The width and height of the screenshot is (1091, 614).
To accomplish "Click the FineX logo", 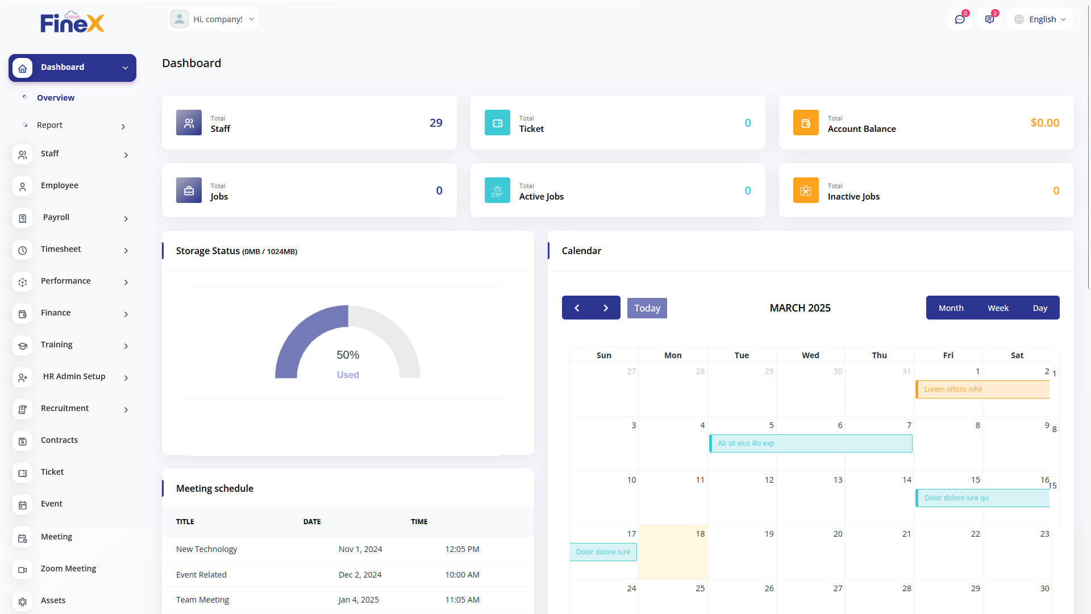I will (x=72, y=23).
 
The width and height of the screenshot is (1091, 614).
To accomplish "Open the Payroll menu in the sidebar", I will (x=56, y=218).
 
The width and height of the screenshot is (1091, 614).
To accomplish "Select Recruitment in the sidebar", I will (x=65, y=409).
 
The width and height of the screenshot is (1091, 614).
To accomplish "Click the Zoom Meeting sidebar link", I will (x=68, y=569).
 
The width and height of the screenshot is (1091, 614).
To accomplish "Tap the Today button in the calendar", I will (x=647, y=308).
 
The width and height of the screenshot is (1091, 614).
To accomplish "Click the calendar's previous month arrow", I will (x=577, y=308).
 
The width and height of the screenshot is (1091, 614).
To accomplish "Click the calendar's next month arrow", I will (x=606, y=308).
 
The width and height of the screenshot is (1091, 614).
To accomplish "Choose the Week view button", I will (x=998, y=308).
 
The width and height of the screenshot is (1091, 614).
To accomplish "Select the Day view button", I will (x=1040, y=308).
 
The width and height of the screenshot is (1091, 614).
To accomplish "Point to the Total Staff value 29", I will (x=436, y=123).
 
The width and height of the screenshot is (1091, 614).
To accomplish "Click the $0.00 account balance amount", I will (x=1044, y=123).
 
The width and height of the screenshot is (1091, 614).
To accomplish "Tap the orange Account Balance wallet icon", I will (x=806, y=123).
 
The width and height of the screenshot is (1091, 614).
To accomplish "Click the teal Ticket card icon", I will (x=497, y=123).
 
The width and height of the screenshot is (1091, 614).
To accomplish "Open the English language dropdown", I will (x=1040, y=19).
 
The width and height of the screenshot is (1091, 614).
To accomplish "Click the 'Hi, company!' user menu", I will (x=213, y=19).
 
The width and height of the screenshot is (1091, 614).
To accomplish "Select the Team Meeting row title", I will (x=202, y=600).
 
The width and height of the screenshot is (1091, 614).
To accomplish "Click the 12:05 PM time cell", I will (x=462, y=549).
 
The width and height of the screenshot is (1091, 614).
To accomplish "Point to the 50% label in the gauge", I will (x=348, y=355).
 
